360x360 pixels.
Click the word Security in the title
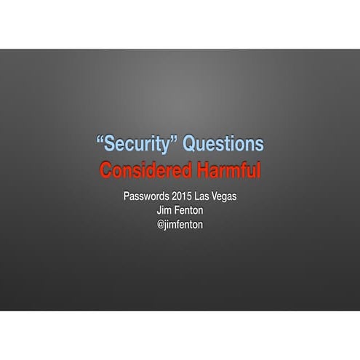click(x=136, y=144)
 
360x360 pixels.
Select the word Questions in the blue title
click(x=223, y=144)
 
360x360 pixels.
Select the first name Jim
click(x=163, y=211)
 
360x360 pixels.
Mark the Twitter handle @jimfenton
click(x=180, y=224)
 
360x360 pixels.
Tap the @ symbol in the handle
click(x=161, y=224)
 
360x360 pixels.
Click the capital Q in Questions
click(x=189, y=144)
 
